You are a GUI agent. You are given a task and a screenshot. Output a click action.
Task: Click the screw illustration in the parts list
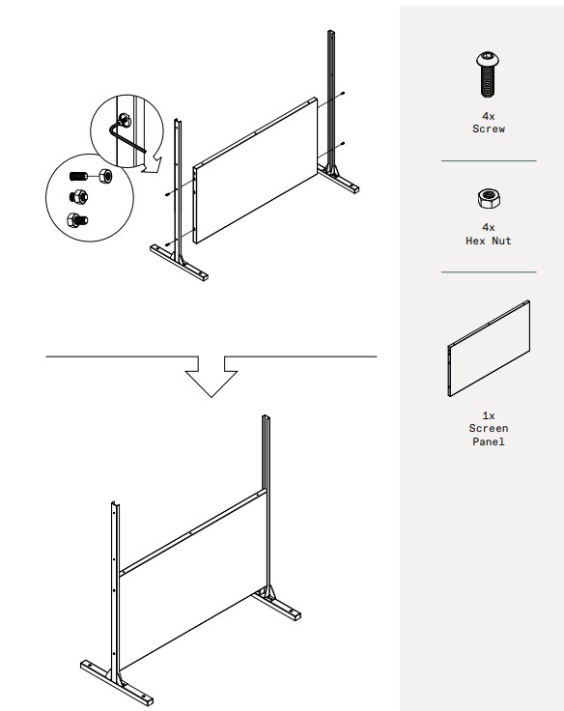click(x=488, y=74)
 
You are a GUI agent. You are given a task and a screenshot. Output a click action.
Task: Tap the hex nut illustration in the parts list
click(x=489, y=199)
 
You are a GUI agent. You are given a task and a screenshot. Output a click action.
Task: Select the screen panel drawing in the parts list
click(x=489, y=349)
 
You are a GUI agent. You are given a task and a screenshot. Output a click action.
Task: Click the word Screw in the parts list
click(x=489, y=128)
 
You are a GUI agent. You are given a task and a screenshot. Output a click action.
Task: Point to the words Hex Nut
click(x=489, y=241)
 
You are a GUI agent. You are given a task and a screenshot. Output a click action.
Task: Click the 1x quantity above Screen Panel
click(x=489, y=415)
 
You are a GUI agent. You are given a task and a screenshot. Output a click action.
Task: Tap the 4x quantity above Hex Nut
click(x=489, y=227)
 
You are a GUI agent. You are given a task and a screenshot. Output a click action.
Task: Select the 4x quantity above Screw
click(x=489, y=116)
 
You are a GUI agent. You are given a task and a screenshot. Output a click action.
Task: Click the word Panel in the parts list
click(x=489, y=441)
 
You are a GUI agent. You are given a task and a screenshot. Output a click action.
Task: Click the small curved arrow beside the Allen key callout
click(x=151, y=163)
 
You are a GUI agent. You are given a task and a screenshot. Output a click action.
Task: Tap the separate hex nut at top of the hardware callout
click(x=105, y=175)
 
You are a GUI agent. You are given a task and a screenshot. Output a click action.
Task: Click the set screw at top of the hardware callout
click(x=77, y=176)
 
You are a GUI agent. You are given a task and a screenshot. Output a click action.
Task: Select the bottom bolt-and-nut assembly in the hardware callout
click(x=77, y=220)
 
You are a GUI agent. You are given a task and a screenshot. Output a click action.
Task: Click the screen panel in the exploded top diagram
click(x=255, y=170)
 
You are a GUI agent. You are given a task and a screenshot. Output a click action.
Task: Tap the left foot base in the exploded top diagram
click(x=179, y=262)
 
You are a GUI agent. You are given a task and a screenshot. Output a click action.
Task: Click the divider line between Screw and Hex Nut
click(x=489, y=160)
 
